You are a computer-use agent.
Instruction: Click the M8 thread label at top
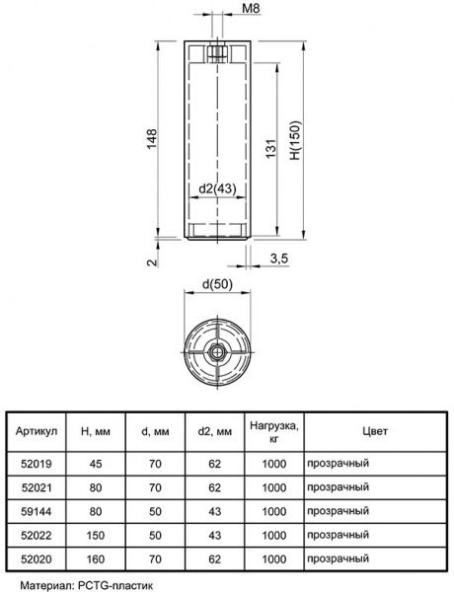click(x=251, y=11)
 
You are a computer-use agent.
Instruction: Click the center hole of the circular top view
click(x=215, y=352)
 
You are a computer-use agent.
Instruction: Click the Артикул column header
click(x=40, y=431)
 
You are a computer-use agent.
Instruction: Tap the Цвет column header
click(x=374, y=431)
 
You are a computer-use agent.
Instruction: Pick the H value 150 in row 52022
click(x=97, y=535)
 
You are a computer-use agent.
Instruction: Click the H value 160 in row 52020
click(x=97, y=558)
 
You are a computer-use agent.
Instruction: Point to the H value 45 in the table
click(x=97, y=463)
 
